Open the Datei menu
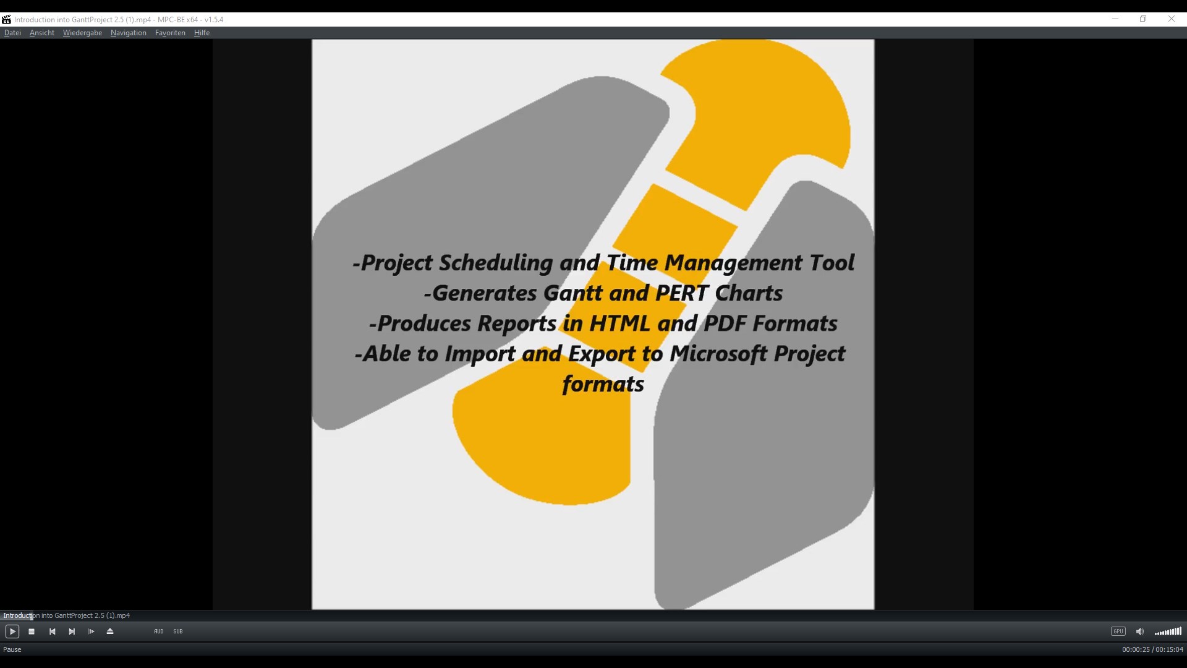point(12,33)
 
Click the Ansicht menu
point(42,33)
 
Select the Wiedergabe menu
point(82,33)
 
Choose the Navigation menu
point(129,33)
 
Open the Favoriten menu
point(170,33)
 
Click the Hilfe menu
point(202,33)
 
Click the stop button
point(32,632)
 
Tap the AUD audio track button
point(159,632)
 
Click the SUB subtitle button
point(178,632)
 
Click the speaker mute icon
point(1140,632)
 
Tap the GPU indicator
point(1118,632)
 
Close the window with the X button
point(1172,19)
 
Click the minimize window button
point(1115,19)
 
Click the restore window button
point(1143,19)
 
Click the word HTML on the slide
point(619,323)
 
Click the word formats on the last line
point(603,384)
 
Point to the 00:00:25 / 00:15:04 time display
point(1152,650)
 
